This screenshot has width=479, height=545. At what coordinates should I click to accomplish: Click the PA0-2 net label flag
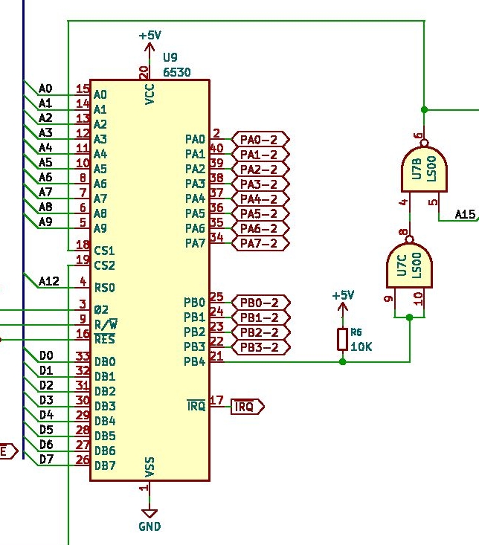[260, 139]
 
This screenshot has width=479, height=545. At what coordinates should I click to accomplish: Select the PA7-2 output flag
[260, 243]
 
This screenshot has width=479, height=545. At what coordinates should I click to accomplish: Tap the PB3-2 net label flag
[260, 347]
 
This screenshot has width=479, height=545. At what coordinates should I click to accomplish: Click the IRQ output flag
[248, 406]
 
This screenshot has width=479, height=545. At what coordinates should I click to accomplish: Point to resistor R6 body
[342, 339]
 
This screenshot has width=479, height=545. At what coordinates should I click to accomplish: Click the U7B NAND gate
[424, 170]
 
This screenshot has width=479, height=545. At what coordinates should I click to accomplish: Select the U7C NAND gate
[410, 265]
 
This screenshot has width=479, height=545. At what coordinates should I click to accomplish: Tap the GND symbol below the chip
[150, 514]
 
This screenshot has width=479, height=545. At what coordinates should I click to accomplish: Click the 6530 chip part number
[177, 72]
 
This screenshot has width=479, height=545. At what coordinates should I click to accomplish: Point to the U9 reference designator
[170, 57]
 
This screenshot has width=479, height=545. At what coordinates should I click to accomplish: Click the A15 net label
[465, 214]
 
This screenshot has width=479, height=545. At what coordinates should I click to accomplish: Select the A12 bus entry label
[49, 281]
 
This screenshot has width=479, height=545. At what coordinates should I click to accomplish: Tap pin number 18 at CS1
[83, 245]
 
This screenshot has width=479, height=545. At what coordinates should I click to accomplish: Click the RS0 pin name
[105, 288]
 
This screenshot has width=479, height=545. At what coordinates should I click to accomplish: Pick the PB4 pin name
[195, 362]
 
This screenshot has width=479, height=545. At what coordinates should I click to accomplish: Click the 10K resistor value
[361, 346]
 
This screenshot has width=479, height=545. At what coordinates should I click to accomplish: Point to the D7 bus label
[46, 459]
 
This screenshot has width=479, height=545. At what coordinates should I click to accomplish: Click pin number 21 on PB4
[216, 356]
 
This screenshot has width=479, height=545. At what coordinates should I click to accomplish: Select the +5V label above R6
[343, 295]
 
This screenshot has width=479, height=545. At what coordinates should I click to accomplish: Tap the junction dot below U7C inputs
[410, 317]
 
